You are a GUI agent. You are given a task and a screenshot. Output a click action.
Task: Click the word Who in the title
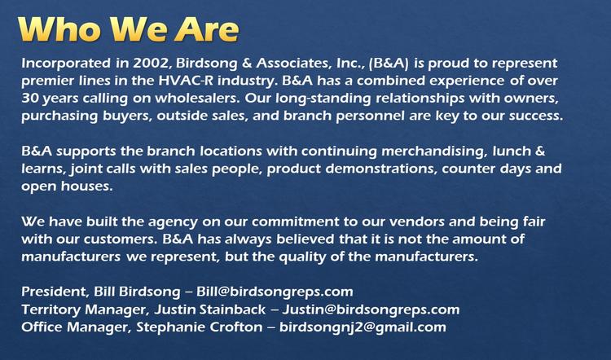[x=59, y=29]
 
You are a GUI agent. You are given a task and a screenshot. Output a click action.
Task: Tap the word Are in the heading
[x=207, y=29]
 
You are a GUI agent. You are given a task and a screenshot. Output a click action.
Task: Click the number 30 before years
[x=29, y=99]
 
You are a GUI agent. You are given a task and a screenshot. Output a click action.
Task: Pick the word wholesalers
[x=197, y=99]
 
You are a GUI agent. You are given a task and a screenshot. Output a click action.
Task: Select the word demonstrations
[x=381, y=169]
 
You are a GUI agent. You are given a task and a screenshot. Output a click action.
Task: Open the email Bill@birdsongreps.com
[x=275, y=292]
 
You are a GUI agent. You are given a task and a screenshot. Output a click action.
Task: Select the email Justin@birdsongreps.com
[x=371, y=310]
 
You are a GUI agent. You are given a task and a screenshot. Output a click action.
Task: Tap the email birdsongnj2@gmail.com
[x=363, y=327]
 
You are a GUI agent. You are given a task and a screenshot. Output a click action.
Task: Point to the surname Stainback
[x=233, y=310]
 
